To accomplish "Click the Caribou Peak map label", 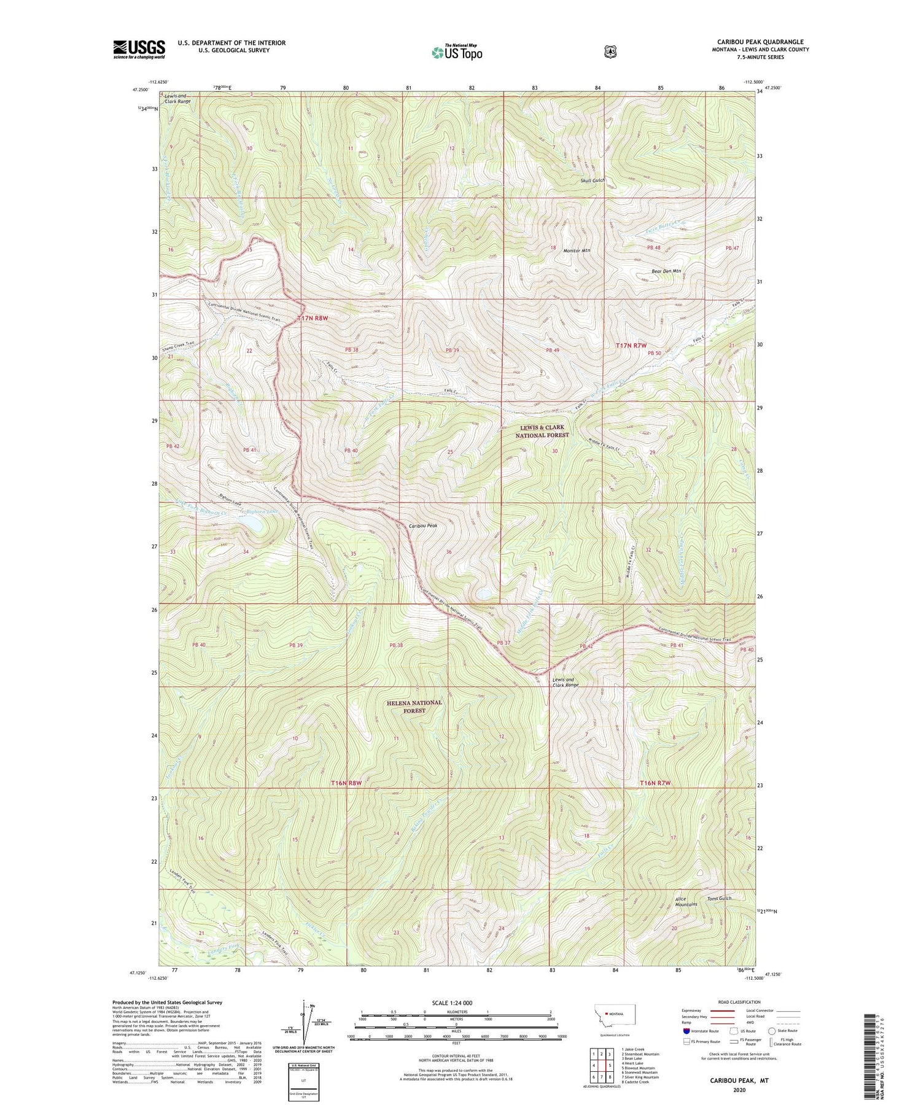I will point(423,525).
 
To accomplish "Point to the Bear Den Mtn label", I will point(666,271).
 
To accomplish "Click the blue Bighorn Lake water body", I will point(252,522).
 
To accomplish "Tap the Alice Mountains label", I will point(686,901).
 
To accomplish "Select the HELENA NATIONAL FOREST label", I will point(414,707).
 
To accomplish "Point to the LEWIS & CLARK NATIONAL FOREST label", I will point(542,431).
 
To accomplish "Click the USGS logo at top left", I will point(139,49).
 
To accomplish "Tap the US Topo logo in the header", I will point(457,52).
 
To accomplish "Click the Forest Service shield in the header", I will point(610,52).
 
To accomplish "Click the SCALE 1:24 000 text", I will point(456,1002).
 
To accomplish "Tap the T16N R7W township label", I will point(655,783).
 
